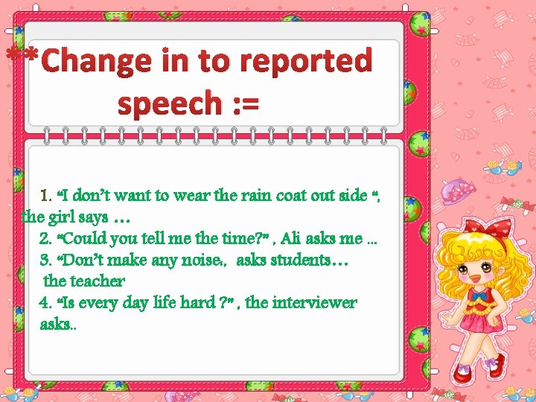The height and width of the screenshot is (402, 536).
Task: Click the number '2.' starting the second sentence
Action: (45, 239)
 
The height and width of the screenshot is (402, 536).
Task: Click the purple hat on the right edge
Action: (452, 191)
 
